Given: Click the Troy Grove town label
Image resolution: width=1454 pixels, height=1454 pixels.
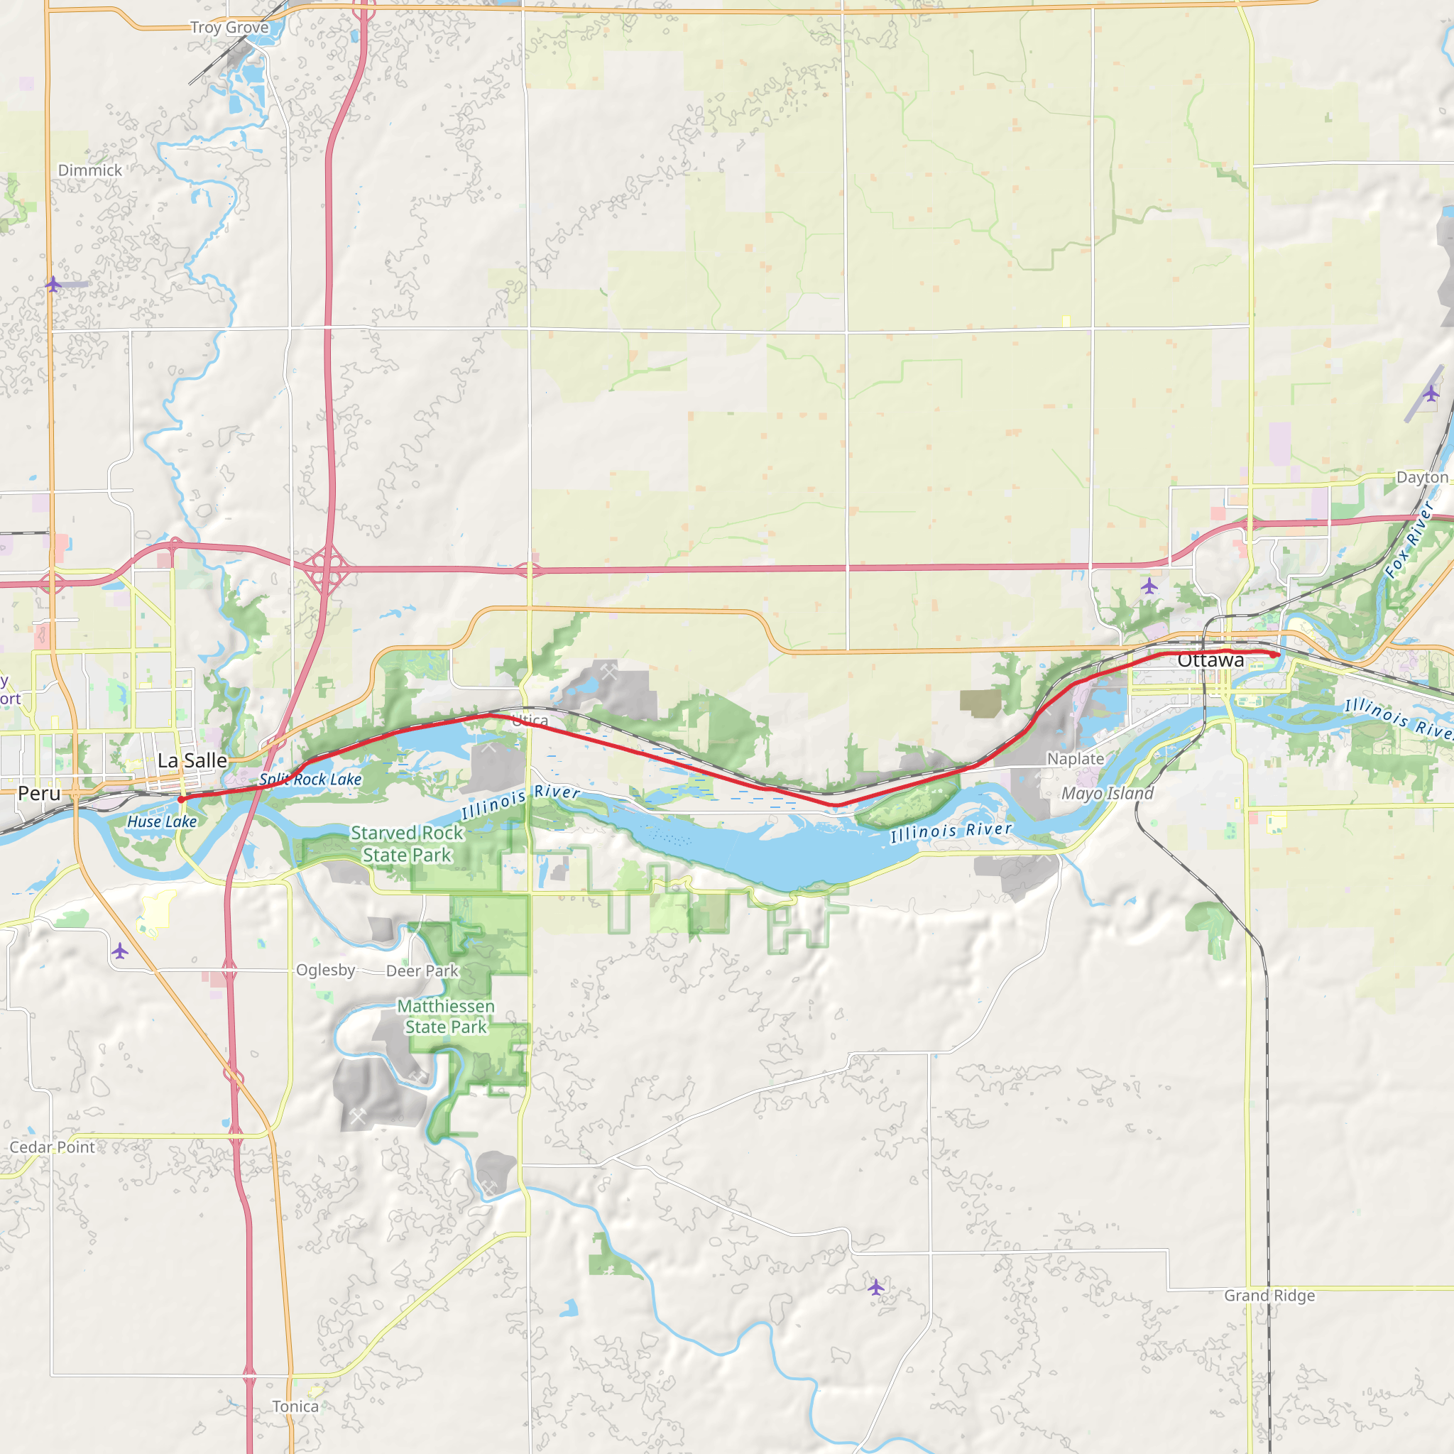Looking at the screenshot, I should click(x=229, y=28).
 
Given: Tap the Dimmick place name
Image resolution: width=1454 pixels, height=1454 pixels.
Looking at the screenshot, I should click(x=89, y=170).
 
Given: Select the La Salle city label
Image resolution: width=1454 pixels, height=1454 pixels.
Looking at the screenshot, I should click(x=192, y=760).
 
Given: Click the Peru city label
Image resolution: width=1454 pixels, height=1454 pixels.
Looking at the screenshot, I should click(x=39, y=793).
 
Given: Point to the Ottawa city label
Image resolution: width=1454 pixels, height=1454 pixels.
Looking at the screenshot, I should click(x=1210, y=660).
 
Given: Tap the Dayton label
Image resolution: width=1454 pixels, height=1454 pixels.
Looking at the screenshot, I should click(x=1421, y=477).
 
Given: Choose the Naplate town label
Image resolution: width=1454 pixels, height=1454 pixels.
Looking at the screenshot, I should click(x=1076, y=759).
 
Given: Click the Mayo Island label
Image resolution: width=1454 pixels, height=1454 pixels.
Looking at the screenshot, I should click(x=1107, y=793).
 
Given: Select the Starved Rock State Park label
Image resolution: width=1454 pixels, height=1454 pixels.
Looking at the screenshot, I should click(x=407, y=843).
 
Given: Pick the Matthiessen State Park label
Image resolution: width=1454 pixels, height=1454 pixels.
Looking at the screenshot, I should click(x=447, y=1016).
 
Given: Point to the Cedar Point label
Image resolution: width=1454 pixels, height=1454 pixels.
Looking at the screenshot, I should click(x=52, y=1147).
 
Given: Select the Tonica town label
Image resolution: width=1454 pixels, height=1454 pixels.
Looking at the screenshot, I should click(x=295, y=1406).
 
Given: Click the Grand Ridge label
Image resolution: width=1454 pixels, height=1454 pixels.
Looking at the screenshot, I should click(x=1269, y=1295).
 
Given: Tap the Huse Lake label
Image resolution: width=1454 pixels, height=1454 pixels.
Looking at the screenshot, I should click(x=162, y=822).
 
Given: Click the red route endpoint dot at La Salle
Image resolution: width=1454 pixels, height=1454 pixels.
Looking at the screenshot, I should click(x=181, y=799).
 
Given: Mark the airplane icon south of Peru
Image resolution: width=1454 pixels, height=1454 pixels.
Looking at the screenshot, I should click(x=120, y=951).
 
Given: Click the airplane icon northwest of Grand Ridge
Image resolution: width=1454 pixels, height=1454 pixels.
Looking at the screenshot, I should click(x=875, y=1287).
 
